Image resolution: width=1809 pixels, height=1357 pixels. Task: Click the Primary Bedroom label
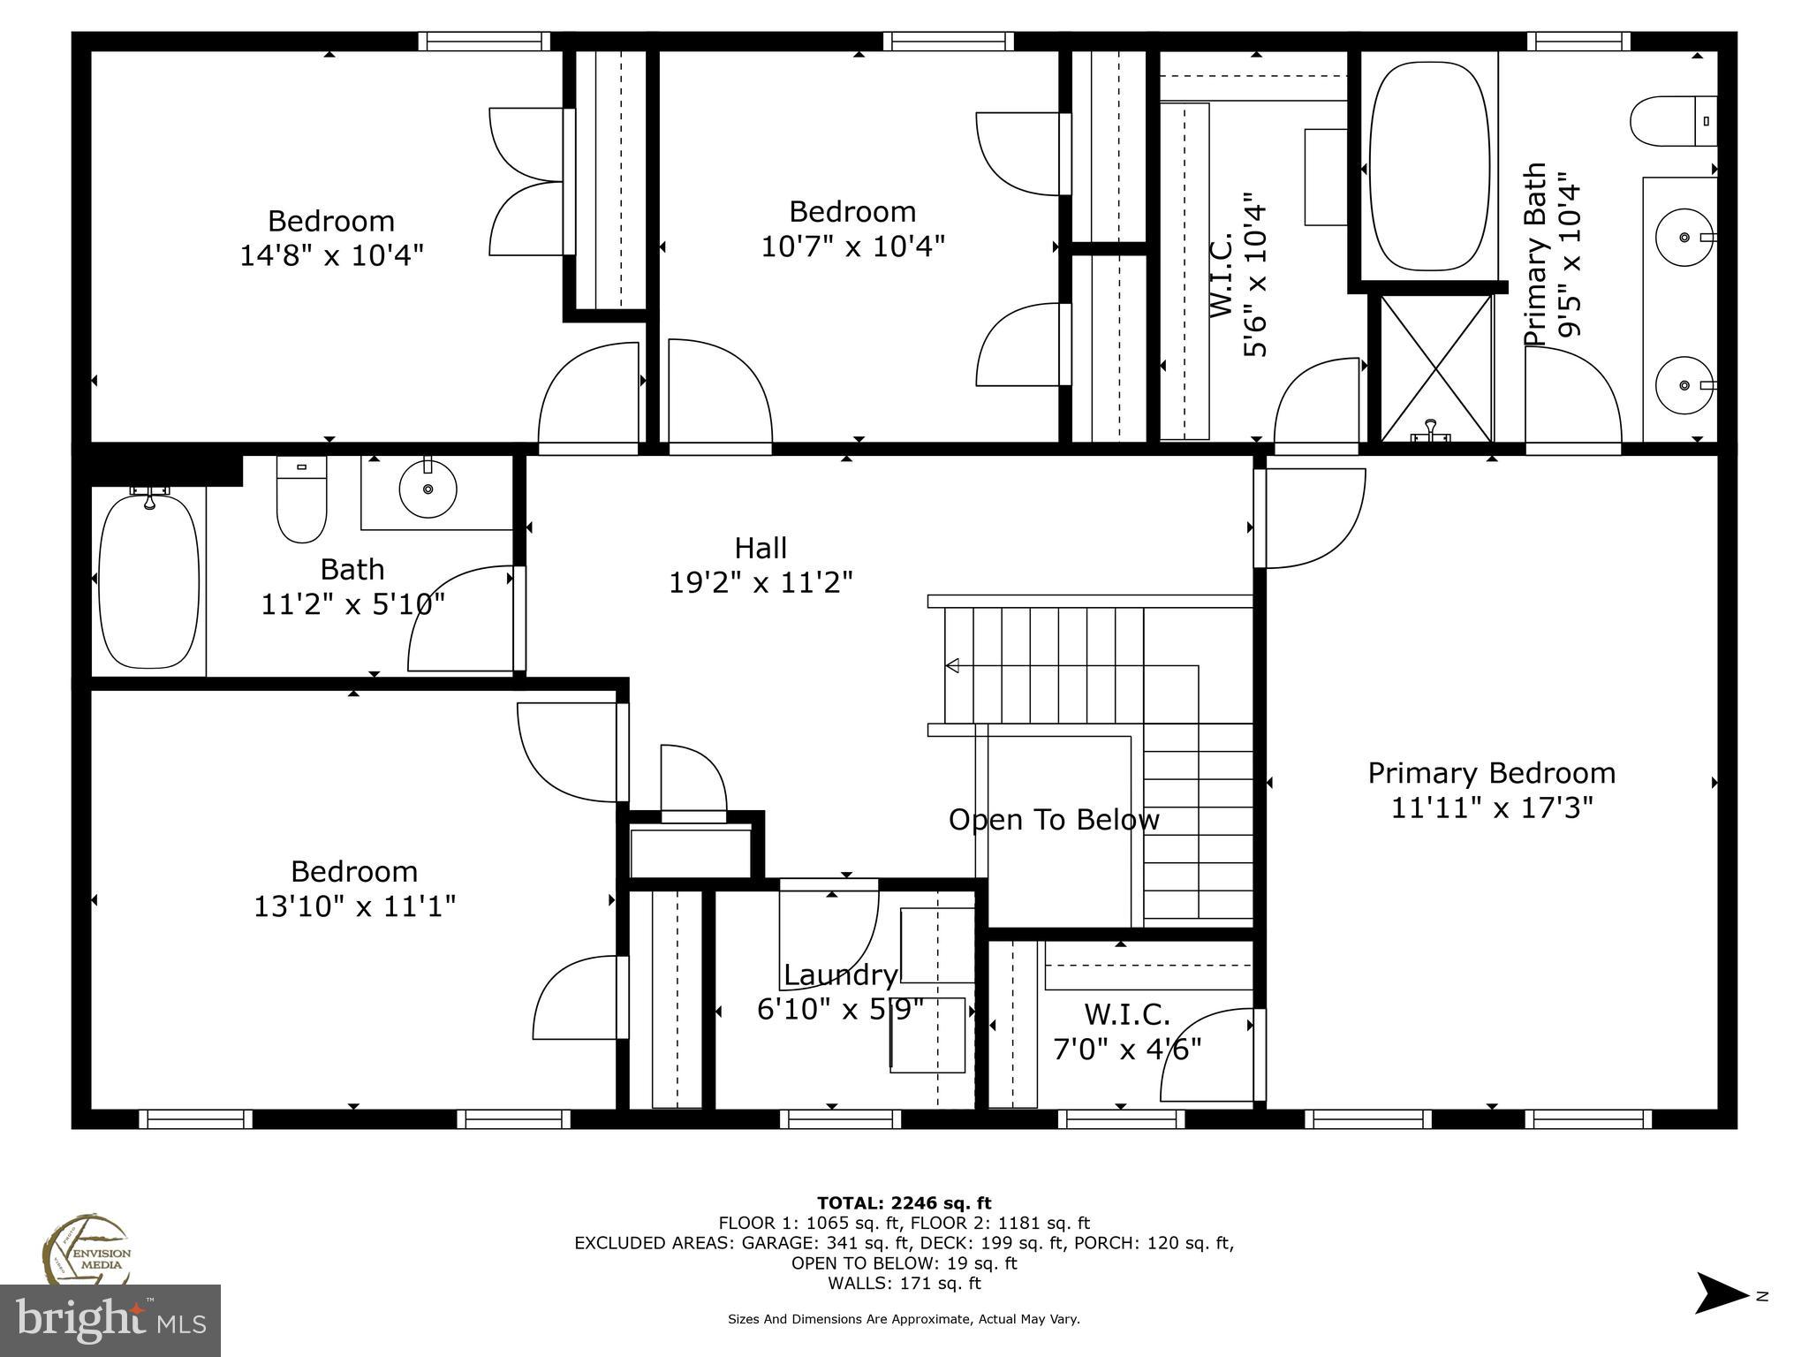[x=1491, y=773]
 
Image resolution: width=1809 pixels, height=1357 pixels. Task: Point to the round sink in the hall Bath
[x=428, y=489]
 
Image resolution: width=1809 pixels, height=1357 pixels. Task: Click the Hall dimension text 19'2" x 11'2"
[x=761, y=583]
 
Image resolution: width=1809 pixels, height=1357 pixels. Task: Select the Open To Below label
[x=1053, y=820]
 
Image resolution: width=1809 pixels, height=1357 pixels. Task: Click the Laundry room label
[x=840, y=975]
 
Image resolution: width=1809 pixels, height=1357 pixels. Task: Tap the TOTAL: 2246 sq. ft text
[x=904, y=1202]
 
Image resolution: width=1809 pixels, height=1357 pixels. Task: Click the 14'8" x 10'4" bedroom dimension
[x=331, y=255]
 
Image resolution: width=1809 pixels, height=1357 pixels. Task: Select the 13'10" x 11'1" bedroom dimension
[x=354, y=906]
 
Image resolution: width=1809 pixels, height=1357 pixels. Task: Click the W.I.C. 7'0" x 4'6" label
[x=1126, y=1031]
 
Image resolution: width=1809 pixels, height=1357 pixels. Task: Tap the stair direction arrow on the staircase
[x=952, y=664]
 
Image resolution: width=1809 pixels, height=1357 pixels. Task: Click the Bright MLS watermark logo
[x=110, y=1320]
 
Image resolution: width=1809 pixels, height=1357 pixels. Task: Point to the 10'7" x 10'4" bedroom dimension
[x=852, y=246]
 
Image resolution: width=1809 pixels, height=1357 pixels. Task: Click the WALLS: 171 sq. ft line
[x=904, y=1283]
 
